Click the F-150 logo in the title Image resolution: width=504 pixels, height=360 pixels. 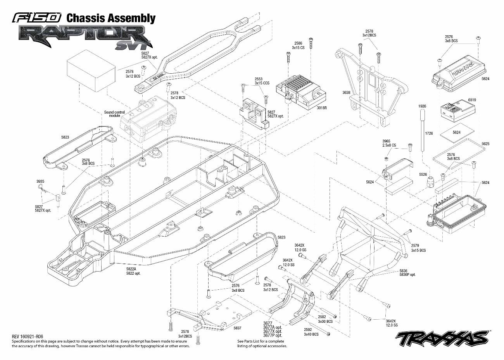click(37, 18)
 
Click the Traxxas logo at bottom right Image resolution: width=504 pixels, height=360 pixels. click(442, 338)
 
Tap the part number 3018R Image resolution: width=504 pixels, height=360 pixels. click(321, 108)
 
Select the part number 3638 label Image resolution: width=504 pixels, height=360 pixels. click(346, 93)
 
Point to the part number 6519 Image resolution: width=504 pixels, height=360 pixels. click(472, 100)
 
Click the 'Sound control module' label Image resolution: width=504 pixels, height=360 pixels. click(114, 114)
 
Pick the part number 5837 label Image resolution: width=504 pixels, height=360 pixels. click(237, 328)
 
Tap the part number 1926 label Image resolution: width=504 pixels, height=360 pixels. click(422, 106)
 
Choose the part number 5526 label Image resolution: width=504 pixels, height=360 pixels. click(423, 175)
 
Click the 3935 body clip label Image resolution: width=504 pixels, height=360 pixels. click(40, 181)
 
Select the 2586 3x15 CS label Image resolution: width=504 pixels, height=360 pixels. click(298, 45)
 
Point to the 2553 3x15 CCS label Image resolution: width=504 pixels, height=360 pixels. click(262, 81)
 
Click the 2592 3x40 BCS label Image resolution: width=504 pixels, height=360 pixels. click(311, 332)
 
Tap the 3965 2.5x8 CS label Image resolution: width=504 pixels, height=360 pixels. click(389, 143)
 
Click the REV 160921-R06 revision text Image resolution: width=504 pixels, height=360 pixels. click(27, 337)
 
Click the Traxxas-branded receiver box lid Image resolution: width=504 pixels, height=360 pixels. click(458, 73)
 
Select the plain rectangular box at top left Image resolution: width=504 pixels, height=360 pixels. click(91, 71)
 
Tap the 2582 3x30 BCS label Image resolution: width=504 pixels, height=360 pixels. click(325, 319)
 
